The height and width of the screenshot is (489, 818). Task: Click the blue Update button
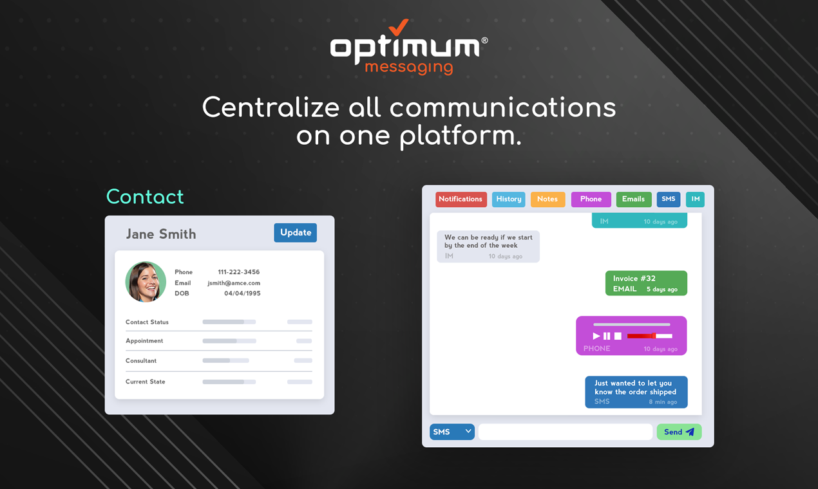[x=295, y=233]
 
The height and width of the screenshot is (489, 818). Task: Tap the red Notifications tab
[x=461, y=199]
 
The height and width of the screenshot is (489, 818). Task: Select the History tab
[x=508, y=199]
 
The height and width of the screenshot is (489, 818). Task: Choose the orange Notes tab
[x=547, y=199]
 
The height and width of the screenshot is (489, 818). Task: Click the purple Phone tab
[x=591, y=199]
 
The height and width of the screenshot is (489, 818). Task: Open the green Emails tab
[x=633, y=199]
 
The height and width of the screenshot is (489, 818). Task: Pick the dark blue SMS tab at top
[x=668, y=199]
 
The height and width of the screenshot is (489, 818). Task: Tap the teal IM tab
[x=695, y=199]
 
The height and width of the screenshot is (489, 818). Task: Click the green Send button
[x=679, y=432]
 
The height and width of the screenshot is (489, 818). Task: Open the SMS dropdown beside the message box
[x=452, y=432]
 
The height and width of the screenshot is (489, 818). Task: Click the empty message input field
[x=565, y=432]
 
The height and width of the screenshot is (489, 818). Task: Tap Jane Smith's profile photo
[x=146, y=282]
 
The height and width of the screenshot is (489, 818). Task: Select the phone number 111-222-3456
[x=238, y=272]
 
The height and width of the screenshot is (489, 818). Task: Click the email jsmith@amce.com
[x=234, y=283]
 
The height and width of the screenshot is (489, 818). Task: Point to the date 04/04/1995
[x=242, y=293]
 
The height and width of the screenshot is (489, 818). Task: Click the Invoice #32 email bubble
[x=645, y=283]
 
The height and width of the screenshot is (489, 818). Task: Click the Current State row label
[x=146, y=382]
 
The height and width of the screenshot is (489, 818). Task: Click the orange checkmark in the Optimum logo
[x=400, y=26]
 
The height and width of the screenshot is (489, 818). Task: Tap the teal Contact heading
[x=145, y=197]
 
